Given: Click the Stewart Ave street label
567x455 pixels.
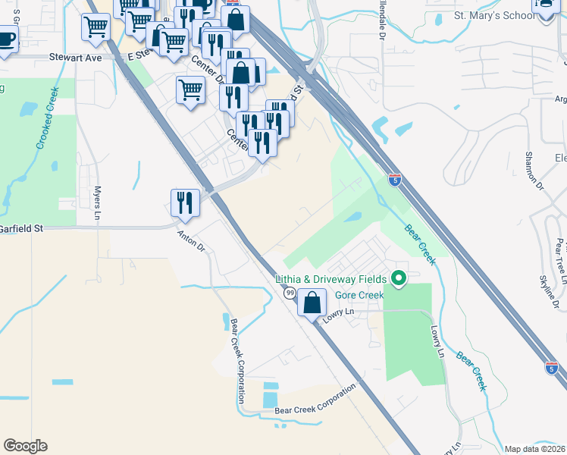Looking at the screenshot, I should tap(75, 57).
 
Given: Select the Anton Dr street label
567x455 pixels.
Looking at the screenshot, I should tap(191, 240).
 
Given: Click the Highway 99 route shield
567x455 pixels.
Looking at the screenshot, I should tap(290, 293).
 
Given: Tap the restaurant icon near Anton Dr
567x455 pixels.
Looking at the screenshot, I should tap(185, 202).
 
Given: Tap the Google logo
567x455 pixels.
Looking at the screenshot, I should tap(25, 446).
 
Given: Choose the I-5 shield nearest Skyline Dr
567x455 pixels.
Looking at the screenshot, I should tap(553, 368).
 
